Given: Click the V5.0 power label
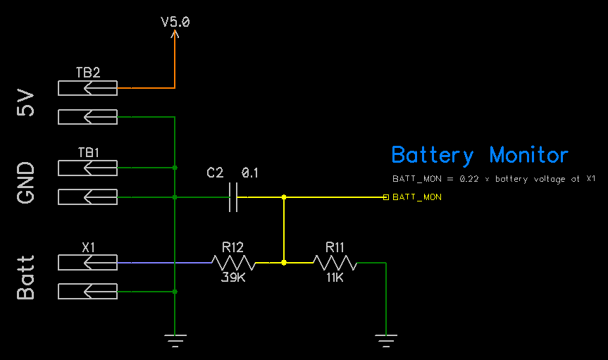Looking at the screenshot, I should [x=175, y=22].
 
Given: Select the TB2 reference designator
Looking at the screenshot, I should [x=88, y=73].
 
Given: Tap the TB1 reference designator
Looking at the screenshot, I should [x=88, y=152].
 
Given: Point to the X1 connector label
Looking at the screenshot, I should [x=88, y=247].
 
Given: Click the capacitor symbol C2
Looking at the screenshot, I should [x=234, y=197].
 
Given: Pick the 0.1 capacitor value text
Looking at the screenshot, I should [x=250, y=173].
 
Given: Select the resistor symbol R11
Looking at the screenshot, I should [x=335, y=263].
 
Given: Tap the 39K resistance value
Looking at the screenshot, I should [x=233, y=278].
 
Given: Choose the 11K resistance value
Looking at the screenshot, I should [x=335, y=278].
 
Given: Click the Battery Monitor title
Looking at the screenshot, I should [x=479, y=155].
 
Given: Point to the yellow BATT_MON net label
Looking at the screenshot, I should [x=417, y=197].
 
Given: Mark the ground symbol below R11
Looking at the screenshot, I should [x=386, y=340].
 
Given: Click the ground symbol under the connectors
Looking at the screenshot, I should [x=175, y=340].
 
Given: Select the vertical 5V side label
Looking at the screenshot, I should [x=26, y=102].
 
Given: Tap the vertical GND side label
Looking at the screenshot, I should [x=26, y=182].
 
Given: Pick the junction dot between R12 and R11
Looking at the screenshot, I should [x=284, y=263].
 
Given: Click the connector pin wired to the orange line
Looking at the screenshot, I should [x=88, y=88].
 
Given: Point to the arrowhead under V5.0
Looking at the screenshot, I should [x=175, y=33].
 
